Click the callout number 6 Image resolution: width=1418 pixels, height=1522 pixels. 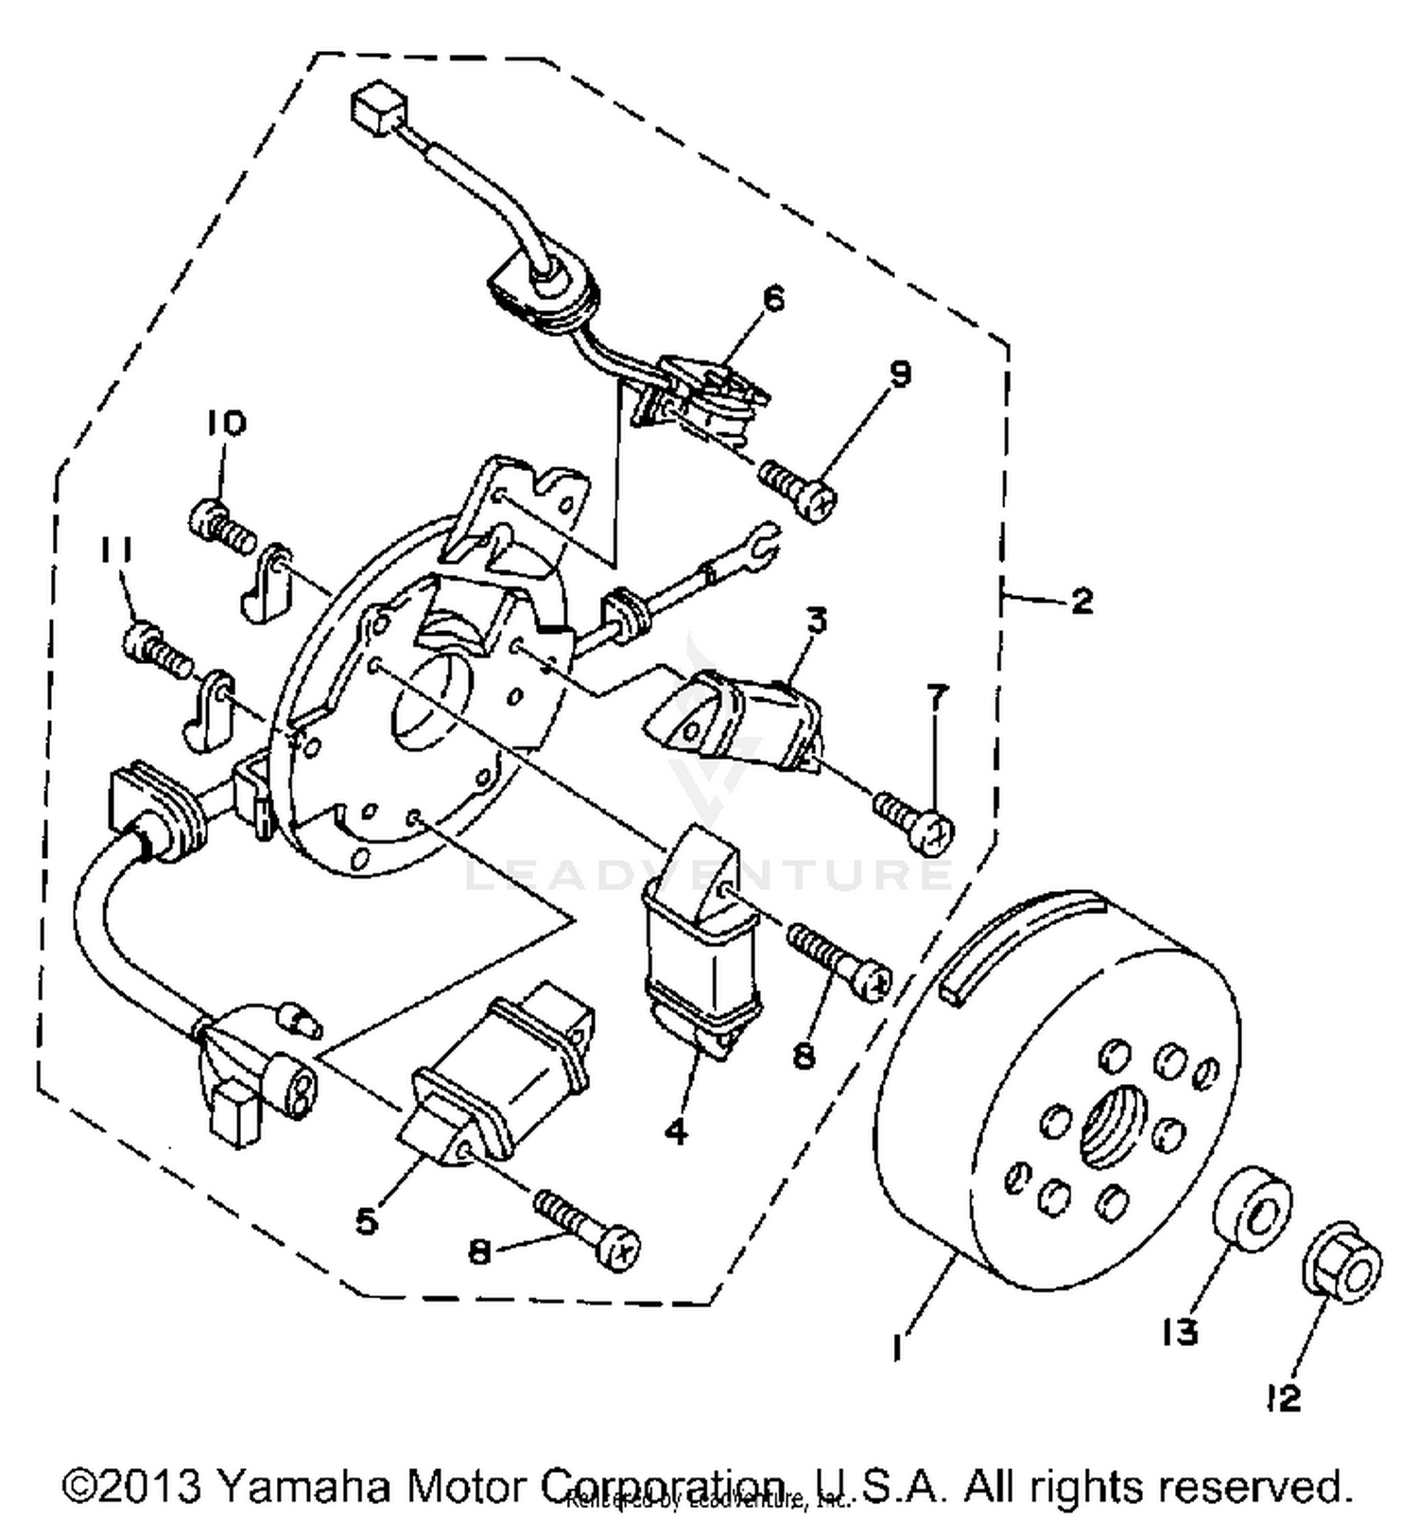773,299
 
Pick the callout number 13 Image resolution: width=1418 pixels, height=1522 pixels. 1181,1332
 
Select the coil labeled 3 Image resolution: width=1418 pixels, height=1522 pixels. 737,719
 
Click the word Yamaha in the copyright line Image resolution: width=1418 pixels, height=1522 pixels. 303,1485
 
